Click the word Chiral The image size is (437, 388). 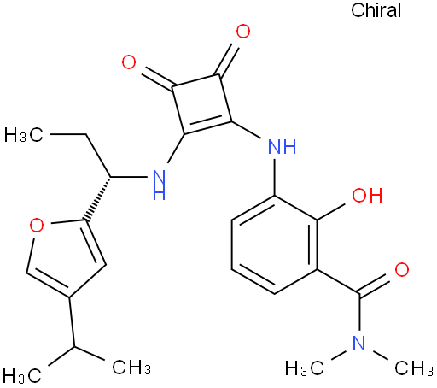376,10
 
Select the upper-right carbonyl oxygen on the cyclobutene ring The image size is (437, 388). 243,32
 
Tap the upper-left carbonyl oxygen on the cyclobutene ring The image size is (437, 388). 129,62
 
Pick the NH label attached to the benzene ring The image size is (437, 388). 283,146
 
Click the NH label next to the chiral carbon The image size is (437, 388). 159,185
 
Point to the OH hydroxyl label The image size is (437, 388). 367,195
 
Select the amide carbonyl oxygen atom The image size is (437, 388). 402,270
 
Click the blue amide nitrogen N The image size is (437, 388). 358,343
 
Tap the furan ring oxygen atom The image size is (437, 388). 37,226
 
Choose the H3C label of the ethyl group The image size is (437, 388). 24,134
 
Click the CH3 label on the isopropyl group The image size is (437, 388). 131,367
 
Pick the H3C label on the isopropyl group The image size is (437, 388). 22,375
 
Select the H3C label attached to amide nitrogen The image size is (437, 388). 305,368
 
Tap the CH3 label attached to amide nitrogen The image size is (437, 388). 414,368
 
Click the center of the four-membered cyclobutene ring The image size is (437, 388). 201,104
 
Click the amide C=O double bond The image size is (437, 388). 373,284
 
